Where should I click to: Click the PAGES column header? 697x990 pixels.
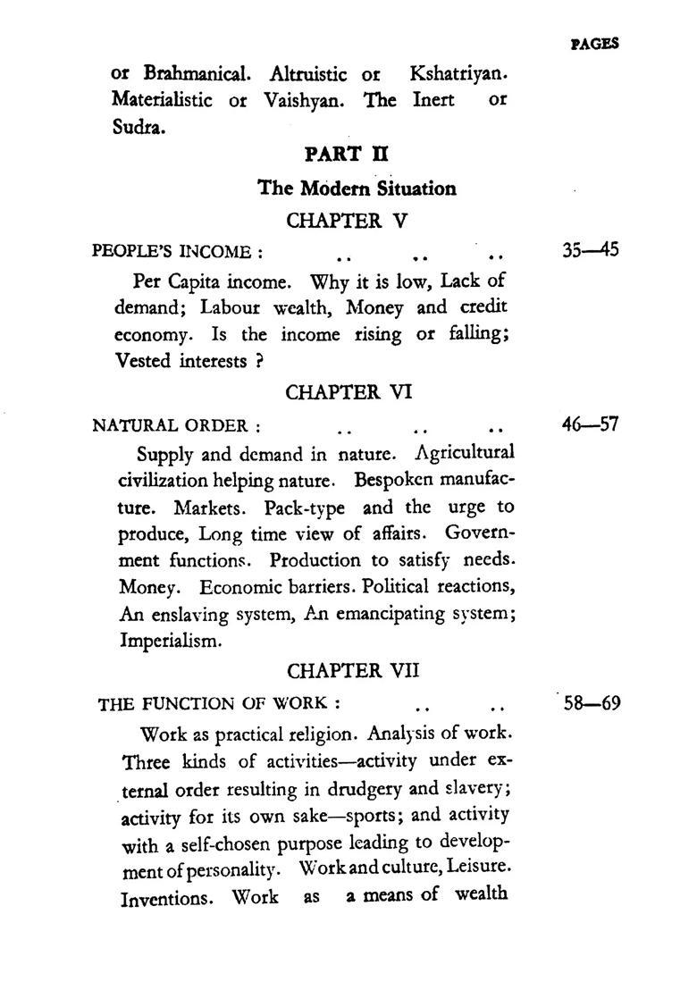coord(593,43)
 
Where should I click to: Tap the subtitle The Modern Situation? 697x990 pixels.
coord(357,189)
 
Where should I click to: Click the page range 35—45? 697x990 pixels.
coord(590,250)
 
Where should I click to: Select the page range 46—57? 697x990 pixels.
coord(590,424)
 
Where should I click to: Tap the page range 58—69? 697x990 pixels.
coord(592,702)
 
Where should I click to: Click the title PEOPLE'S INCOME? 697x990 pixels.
coord(177,252)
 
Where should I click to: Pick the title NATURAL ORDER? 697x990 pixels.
coord(176,425)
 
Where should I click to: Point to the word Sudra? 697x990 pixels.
coord(139,127)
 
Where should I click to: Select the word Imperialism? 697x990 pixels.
coord(168,641)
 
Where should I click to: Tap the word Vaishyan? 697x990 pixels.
coord(304,100)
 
